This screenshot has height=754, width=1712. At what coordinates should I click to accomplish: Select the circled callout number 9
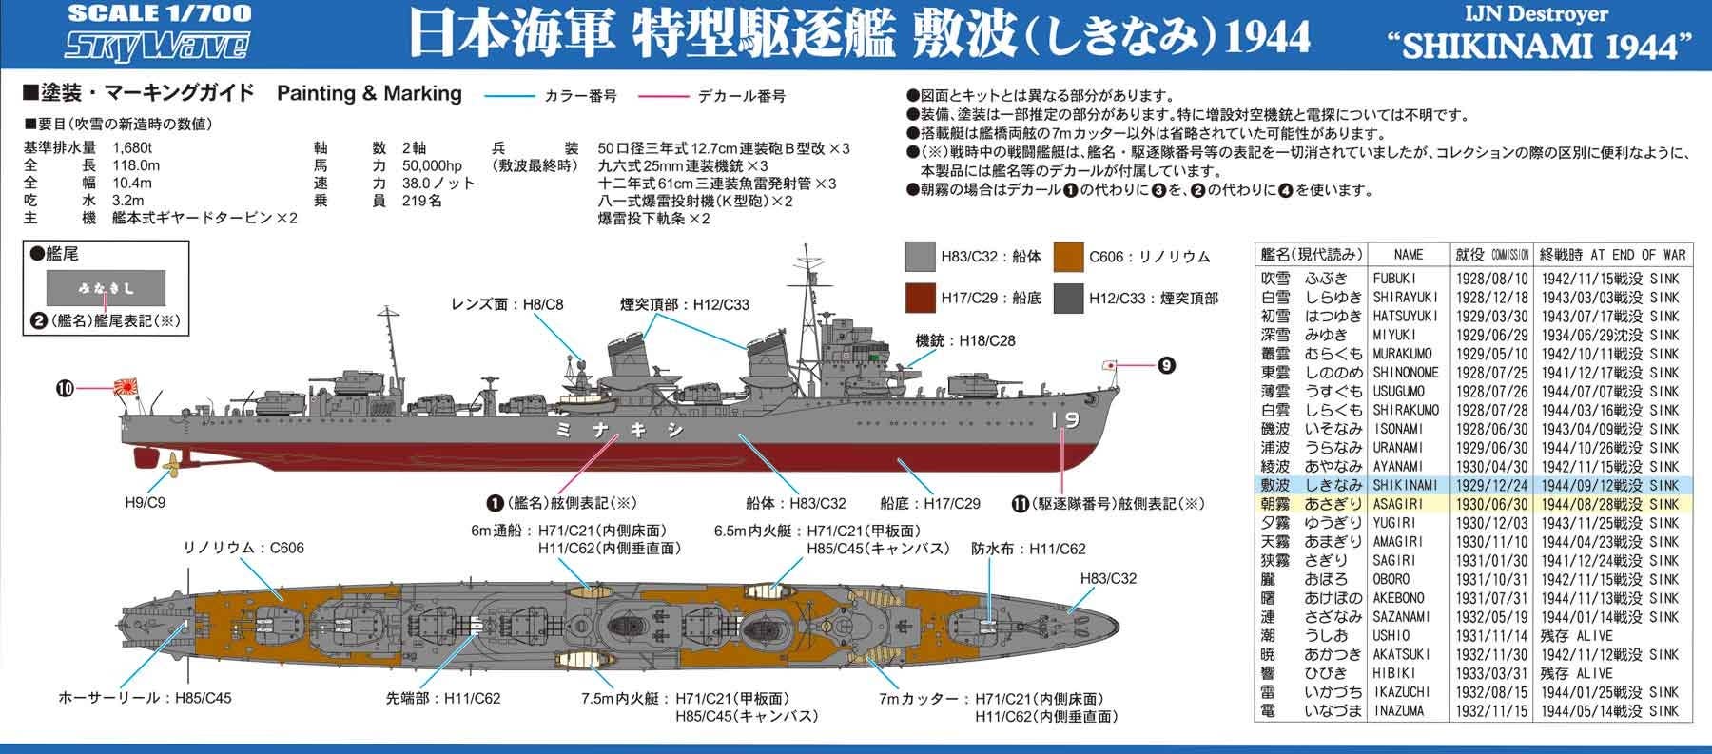(1167, 364)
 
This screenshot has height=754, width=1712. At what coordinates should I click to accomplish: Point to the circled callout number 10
(65, 387)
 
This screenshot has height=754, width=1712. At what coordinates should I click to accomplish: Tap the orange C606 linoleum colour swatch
(1069, 257)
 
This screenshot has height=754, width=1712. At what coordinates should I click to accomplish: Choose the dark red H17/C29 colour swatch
(920, 298)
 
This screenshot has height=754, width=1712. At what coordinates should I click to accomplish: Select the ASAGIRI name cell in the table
(1401, 504)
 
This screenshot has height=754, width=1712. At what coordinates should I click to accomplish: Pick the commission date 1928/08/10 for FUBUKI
(1491, 279)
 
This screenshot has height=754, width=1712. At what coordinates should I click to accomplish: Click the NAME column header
(1408, 255)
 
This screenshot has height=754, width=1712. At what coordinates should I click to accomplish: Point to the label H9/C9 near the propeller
(145, 502)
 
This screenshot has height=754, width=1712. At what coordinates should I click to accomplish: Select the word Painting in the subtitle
(315, 93)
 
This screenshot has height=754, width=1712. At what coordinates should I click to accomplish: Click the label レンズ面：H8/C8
(508, 304)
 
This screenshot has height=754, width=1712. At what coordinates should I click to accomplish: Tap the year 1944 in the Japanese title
(1269, 37)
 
